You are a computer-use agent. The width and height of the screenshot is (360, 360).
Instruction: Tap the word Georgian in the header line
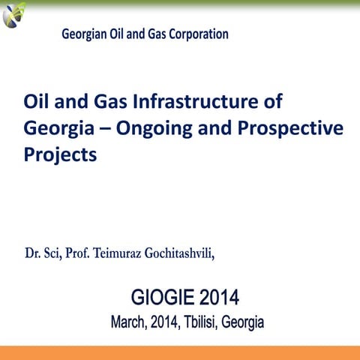click(x=84, y=34)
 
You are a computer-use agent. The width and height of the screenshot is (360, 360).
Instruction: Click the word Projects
click(x=61, y=154)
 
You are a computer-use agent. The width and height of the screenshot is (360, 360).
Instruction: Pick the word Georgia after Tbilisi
click(x=243, y=323)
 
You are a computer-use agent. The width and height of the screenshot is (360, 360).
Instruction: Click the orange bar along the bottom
click(x=180, y=352)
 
